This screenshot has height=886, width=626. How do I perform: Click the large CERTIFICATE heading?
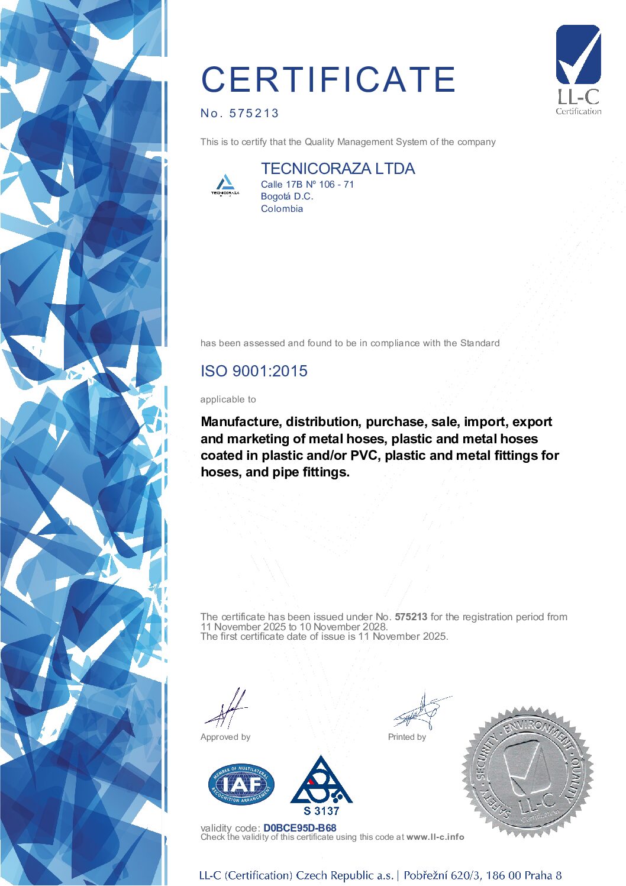click(x=328, y=79)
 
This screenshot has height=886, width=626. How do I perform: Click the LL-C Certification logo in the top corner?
click(x=578, y=70)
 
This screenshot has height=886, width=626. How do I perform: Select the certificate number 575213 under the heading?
click(x=254, y=113)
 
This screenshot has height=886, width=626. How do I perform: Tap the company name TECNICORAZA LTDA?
click(x=338, y=169)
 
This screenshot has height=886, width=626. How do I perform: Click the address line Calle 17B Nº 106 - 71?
click(x=307, y=184)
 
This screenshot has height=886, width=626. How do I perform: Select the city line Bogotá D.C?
click(x=287, y=196)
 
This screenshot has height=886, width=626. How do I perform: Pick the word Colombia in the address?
click(x=282, y=208)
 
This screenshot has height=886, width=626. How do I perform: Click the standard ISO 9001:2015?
click(x=254, y=371)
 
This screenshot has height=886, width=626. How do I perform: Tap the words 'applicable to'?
click(x=228, y=399)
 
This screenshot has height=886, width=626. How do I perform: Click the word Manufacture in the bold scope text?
click(x=240, y=422)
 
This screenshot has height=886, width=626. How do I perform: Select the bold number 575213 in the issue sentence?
click(x=411, y=617)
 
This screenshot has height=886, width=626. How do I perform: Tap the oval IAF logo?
click(x=241, y=784)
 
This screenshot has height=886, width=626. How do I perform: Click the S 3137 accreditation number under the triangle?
click(x=321, y=811)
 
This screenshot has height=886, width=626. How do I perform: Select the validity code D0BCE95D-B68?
click(x=300, y=828)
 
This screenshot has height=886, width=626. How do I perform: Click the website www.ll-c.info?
click(x=435, y=837)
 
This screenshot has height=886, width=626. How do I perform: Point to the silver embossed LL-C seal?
click(x=528, y=772)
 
